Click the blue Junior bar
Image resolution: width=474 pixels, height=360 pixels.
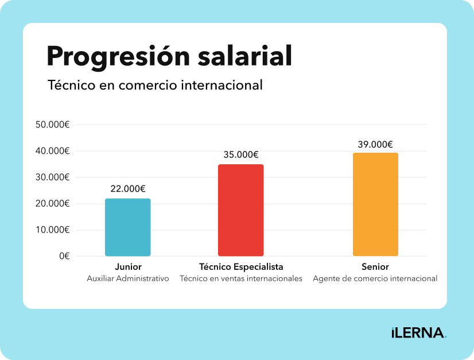[x=128, y=227]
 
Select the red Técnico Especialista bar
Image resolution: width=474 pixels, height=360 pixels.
[x=241, y=210]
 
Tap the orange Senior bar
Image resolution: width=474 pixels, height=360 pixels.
[x=375, y=204]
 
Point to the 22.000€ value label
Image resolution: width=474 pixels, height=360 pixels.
[x=128, y=188]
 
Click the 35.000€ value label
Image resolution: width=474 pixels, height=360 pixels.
[x=241, y=154]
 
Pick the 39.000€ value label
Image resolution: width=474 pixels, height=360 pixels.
[x=375, y=144]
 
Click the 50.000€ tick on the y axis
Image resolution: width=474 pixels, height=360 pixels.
[x=53, y=125]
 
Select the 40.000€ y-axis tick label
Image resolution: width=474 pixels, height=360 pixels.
[x=53, y=151]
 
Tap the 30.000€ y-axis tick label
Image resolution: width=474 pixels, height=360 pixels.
[x=53, y=177]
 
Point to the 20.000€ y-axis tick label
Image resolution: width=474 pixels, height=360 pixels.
[x=53, y=204]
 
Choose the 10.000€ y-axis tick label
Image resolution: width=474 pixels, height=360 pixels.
[x=53, y=230]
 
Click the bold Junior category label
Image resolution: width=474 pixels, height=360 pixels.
[x=128, y=267]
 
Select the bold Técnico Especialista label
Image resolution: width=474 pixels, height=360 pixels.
[x=241, y=267]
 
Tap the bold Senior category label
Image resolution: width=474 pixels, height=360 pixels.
[x=375, y=267]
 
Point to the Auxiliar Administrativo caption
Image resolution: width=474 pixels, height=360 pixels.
[x=128, y=279]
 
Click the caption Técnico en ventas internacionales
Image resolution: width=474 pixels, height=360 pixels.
[x=241, y=279]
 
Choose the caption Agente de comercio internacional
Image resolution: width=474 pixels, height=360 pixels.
[x=375, y=279]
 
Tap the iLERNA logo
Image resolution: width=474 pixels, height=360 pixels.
[x=418, y=333]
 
